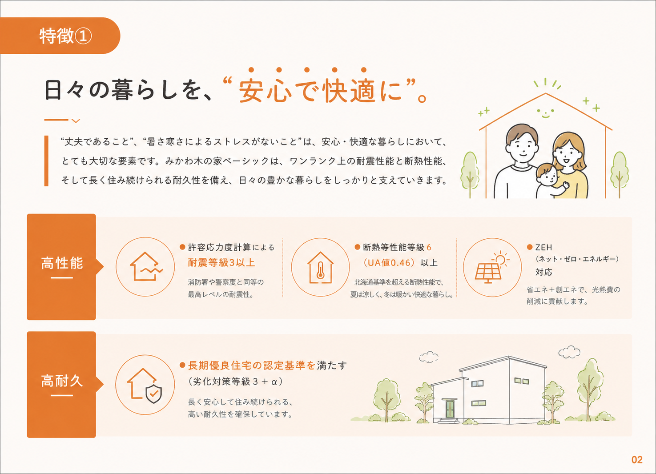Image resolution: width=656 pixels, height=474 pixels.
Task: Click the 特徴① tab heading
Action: pyautogui.click(x=65, y=36)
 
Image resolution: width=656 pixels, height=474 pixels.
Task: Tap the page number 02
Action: pyautogui.click(x=637, y=460)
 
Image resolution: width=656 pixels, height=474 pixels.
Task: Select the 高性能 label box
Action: pyautogui.click(x=61, y=267)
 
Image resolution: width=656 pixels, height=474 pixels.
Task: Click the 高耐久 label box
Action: pyautogui.click(x=61, y=385)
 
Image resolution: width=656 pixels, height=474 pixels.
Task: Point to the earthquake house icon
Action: pyautogui.click(x=145, y=267)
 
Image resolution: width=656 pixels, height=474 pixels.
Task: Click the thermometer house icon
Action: pyautogui.click(x=320, y=267)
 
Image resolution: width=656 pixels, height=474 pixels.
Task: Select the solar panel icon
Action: pyautogui.click(x=492, y=267)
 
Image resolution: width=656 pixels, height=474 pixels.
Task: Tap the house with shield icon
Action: pyautogui.click(x=145, y=385)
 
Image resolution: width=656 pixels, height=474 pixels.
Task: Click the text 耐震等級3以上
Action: pyautogui.click(x=221, y=263)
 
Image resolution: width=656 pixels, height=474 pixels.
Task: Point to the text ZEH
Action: pyautogui.click(x=544, y=248)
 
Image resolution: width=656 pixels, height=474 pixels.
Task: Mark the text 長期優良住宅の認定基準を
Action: pyautogui.click(x=252, y=366)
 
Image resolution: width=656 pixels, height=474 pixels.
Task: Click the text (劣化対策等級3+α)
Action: pyautogui.click(x=235, y=382)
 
